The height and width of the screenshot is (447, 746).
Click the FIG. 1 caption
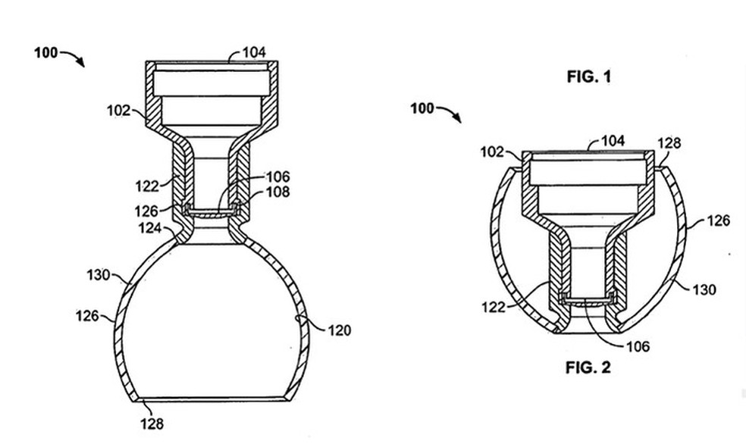[588, 77]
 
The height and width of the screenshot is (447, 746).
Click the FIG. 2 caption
[588, 368]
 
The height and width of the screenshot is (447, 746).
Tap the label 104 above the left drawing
[254, 53]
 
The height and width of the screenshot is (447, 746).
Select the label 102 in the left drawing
[120, 111]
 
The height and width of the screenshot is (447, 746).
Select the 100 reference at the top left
[46, 53]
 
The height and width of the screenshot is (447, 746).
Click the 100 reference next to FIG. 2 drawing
[422, 108]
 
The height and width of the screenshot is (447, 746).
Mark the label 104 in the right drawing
[613, 141]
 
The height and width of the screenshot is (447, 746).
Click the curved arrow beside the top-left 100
[74, 58]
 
